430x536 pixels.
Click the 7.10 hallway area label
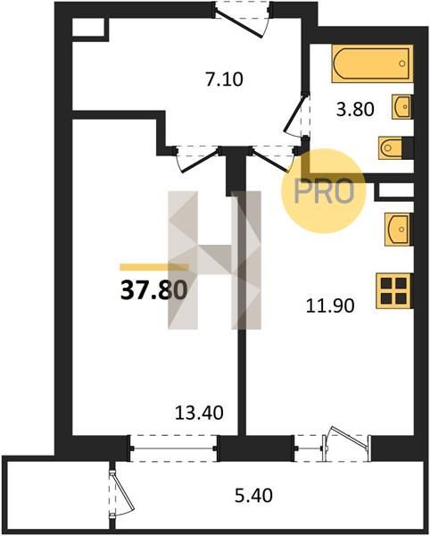click(x=224, y=80)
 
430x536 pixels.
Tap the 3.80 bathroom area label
click(x=355, y=110)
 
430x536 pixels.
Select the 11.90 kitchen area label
click(x=330, y=306)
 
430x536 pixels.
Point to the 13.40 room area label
click(x=199, y=413)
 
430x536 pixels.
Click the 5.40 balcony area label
click(x=253, y=495)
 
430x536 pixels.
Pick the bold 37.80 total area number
click(x=154, y=290)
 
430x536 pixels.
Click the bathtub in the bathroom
click(x=372, y=63)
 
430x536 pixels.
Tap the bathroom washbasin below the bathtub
click(x=402, y=106)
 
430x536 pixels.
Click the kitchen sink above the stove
click(x=399, y=229)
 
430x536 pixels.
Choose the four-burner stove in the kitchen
click(x=394, y=291)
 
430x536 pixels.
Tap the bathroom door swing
click(x=297, y=113)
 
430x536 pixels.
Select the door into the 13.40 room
click(x=196, y=159)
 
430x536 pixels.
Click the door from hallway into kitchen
click(x=274, y=158)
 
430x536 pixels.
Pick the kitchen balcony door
click(x=346, y=443)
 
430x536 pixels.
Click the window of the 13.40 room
click(x=173, y=448)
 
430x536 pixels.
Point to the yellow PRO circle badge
click(x=323, y=191)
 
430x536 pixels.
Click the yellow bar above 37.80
click(x=154, y=267)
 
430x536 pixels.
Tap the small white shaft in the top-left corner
click(x=88, y=27)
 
